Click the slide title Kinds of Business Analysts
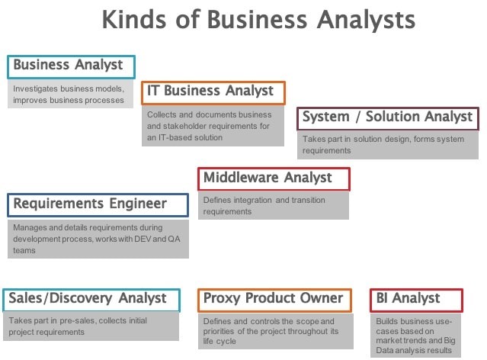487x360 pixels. (x=258, y=20)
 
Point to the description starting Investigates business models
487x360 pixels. (x=69, y=95)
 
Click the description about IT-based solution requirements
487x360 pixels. (x=210, y=126)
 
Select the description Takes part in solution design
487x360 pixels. (x=383, y=145)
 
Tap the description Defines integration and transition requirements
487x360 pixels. (x=264, y=205)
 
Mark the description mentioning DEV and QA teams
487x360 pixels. (x=97, y=239)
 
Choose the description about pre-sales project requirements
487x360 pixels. (x=78, y=326)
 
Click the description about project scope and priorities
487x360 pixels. (x=271, y=331)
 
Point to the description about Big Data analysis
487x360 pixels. (x=415, y=336)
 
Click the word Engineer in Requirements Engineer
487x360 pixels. (x=138, y=204)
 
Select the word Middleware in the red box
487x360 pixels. (x=241, y=177)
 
